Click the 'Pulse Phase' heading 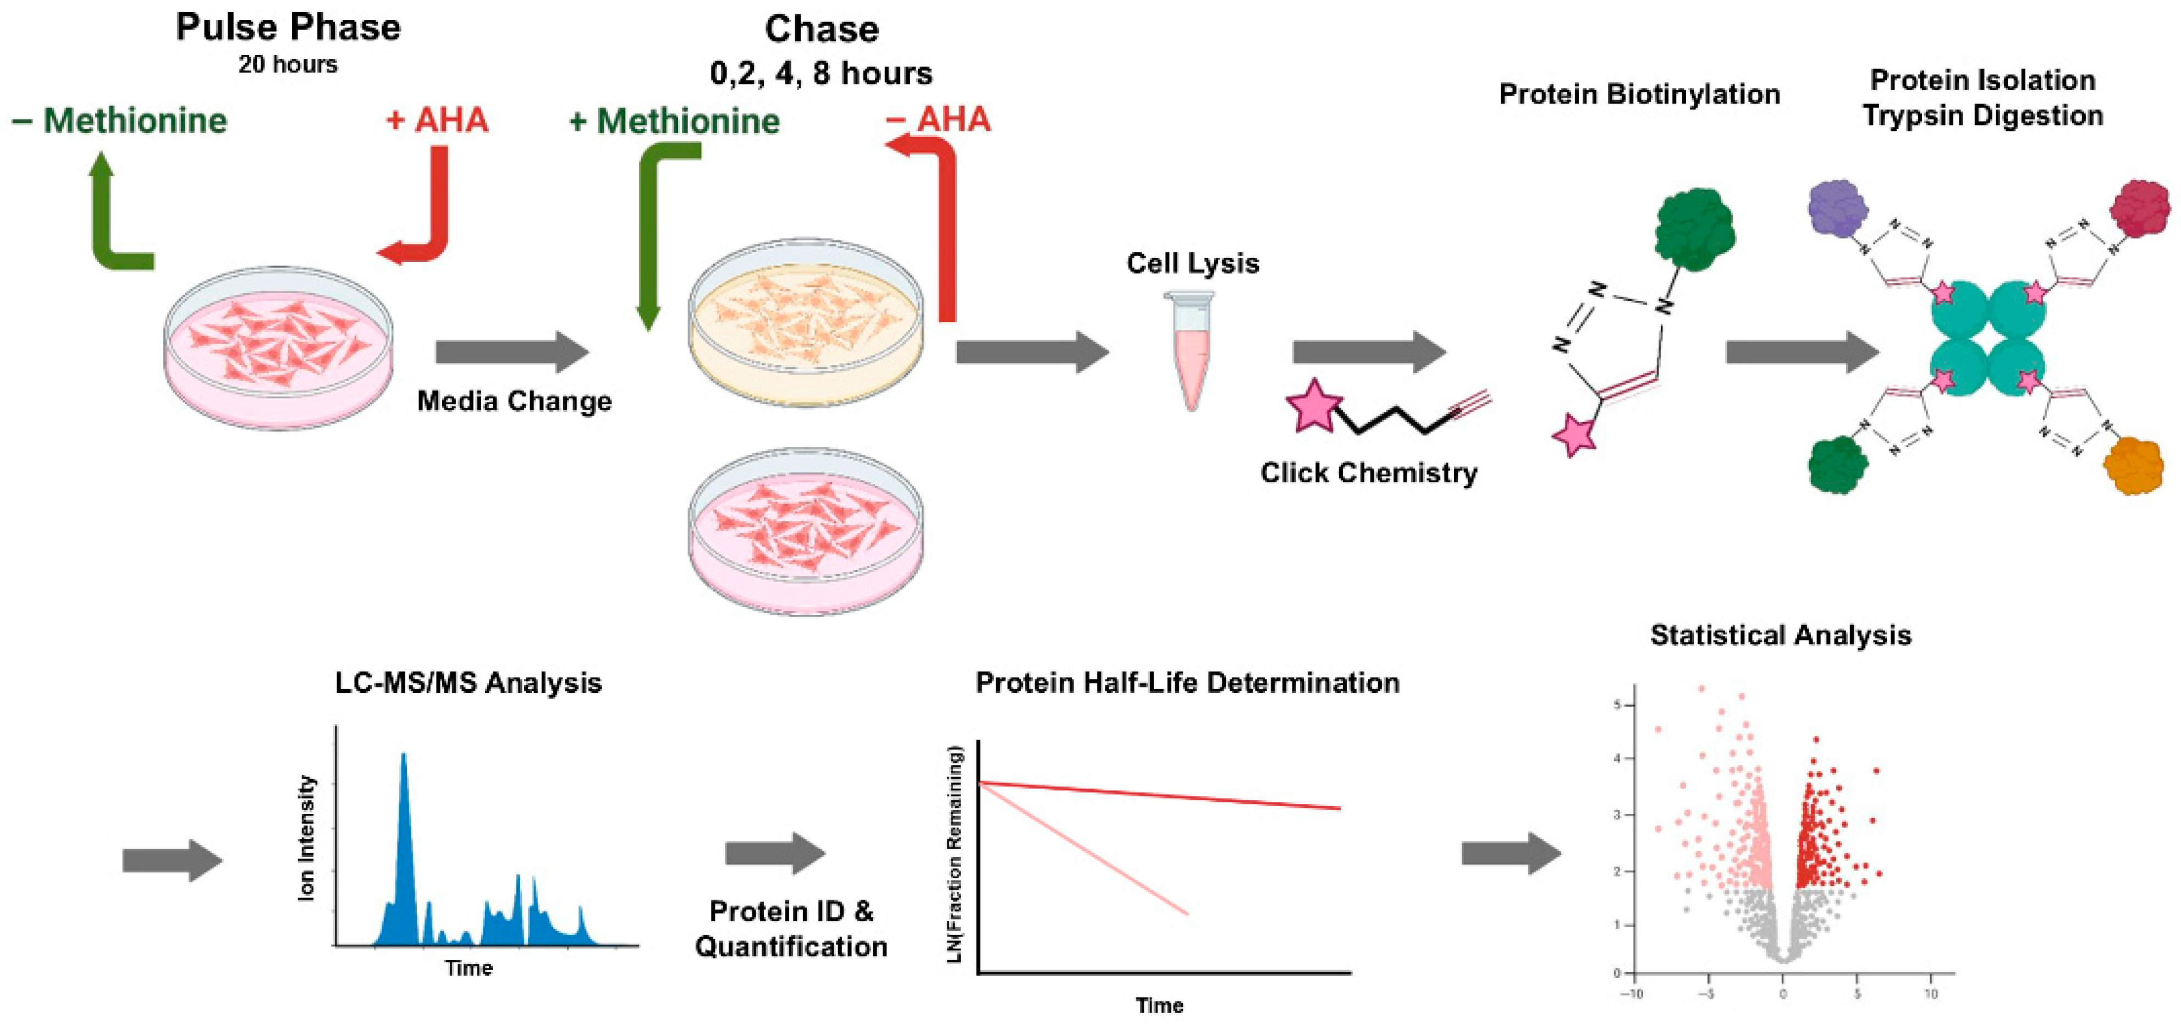coord(288,27)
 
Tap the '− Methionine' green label coord(119,120)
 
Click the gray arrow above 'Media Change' coord(511,351)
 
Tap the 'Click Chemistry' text coord(1368,472)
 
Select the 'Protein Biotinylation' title coord(1639,94)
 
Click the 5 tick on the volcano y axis coord(1617,704)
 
